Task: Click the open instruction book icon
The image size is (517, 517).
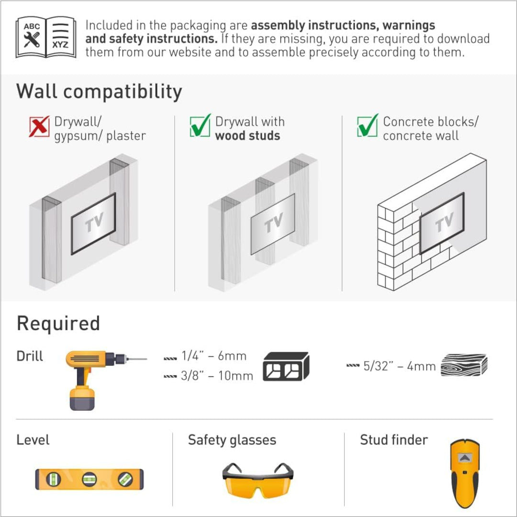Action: tap(46, 37)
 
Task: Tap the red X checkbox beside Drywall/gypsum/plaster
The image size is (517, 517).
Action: tap(39, 126)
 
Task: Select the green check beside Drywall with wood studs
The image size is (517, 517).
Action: tap(200, 125)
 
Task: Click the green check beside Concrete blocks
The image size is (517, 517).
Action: tap(368, 125)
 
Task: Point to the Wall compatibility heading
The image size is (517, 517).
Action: tap(99, 91)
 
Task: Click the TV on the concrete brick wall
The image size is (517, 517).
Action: tap(442, 223)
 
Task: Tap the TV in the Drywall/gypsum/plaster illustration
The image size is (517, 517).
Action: tap(93, 224)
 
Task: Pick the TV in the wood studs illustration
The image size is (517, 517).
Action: tap(273, 224)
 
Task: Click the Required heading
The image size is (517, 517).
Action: tap(58, 323)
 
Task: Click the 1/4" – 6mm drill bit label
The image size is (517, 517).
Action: tap(214, 356)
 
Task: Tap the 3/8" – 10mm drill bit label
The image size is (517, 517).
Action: tap(217, 376)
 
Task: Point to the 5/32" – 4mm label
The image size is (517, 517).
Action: tap(399, 366)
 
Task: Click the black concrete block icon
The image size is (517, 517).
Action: tap(286, 366)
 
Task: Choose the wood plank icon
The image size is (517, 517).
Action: tap(464, 365)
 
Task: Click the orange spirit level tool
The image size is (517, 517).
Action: tap(90, 479)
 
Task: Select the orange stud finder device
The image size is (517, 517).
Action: tap(464, 473)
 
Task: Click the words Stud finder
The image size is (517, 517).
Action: tap(394, 440)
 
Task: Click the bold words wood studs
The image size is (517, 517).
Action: tap(247, 135)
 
